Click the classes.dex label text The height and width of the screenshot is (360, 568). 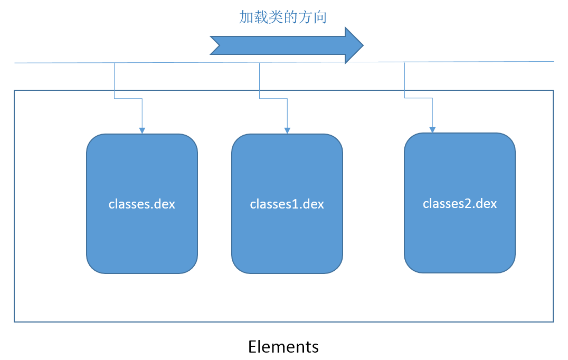[141, 204]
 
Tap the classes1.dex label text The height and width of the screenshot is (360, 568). [287, 204]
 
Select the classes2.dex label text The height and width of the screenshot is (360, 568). [460, 203]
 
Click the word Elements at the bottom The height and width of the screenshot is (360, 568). [283, 347]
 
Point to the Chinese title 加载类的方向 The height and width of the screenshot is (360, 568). [283, 17]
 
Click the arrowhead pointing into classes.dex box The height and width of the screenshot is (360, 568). [142, 131]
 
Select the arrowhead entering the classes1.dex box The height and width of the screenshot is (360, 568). [287, 131]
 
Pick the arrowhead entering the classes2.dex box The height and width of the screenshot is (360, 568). [432, 130]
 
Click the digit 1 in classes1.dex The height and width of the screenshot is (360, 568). [298, 204]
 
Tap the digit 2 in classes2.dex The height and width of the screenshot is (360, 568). [471, 203]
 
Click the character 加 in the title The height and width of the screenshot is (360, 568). [247, 17]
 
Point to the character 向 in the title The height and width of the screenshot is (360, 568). [320, 17]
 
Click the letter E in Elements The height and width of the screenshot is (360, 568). [252, 347]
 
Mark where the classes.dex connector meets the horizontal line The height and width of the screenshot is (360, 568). [115, 63]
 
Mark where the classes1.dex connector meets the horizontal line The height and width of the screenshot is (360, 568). [259, 63]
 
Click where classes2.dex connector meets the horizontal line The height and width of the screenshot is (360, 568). [405, 62]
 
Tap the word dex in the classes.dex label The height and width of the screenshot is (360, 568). [165, 204]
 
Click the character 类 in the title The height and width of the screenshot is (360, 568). [276, 17]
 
